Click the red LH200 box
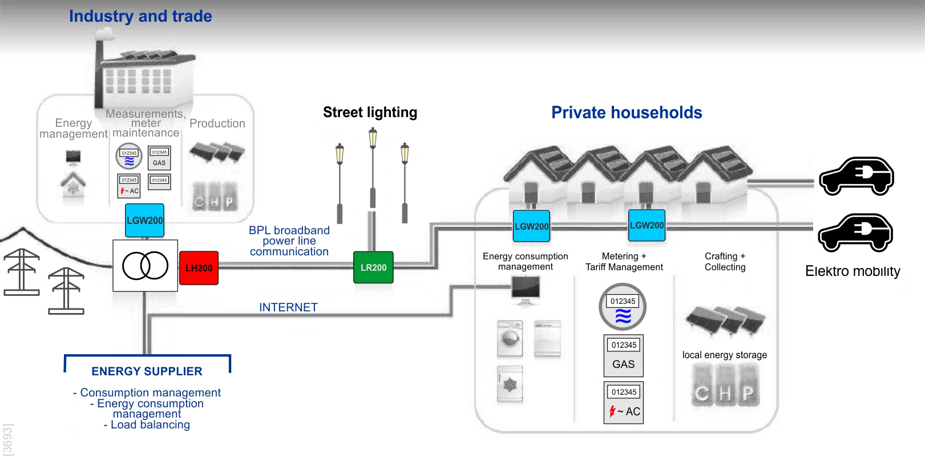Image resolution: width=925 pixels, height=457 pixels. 199,268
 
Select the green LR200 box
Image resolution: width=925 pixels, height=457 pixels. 373,267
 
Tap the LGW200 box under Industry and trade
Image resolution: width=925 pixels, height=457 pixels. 145,221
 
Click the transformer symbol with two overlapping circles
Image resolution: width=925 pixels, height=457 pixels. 146,266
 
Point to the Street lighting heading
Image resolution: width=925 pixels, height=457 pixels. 370,113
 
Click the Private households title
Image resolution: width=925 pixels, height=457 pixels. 627,113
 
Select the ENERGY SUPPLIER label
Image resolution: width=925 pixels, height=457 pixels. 147,371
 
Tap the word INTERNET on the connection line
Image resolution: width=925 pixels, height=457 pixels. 288,307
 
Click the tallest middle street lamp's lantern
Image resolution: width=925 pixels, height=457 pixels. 373,137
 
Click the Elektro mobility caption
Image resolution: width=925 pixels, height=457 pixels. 853,271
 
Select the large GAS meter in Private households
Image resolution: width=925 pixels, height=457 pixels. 624,356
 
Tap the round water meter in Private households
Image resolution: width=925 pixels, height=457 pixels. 623,307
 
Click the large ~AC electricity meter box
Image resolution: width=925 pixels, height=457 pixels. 624,403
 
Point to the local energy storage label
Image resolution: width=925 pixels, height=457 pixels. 724,355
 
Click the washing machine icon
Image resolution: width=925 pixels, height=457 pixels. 510,338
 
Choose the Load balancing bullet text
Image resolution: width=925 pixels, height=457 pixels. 147,425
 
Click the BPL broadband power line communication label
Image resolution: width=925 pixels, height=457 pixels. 289,241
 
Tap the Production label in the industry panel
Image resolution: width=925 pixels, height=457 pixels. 217,123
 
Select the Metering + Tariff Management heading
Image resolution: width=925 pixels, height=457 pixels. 624,262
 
